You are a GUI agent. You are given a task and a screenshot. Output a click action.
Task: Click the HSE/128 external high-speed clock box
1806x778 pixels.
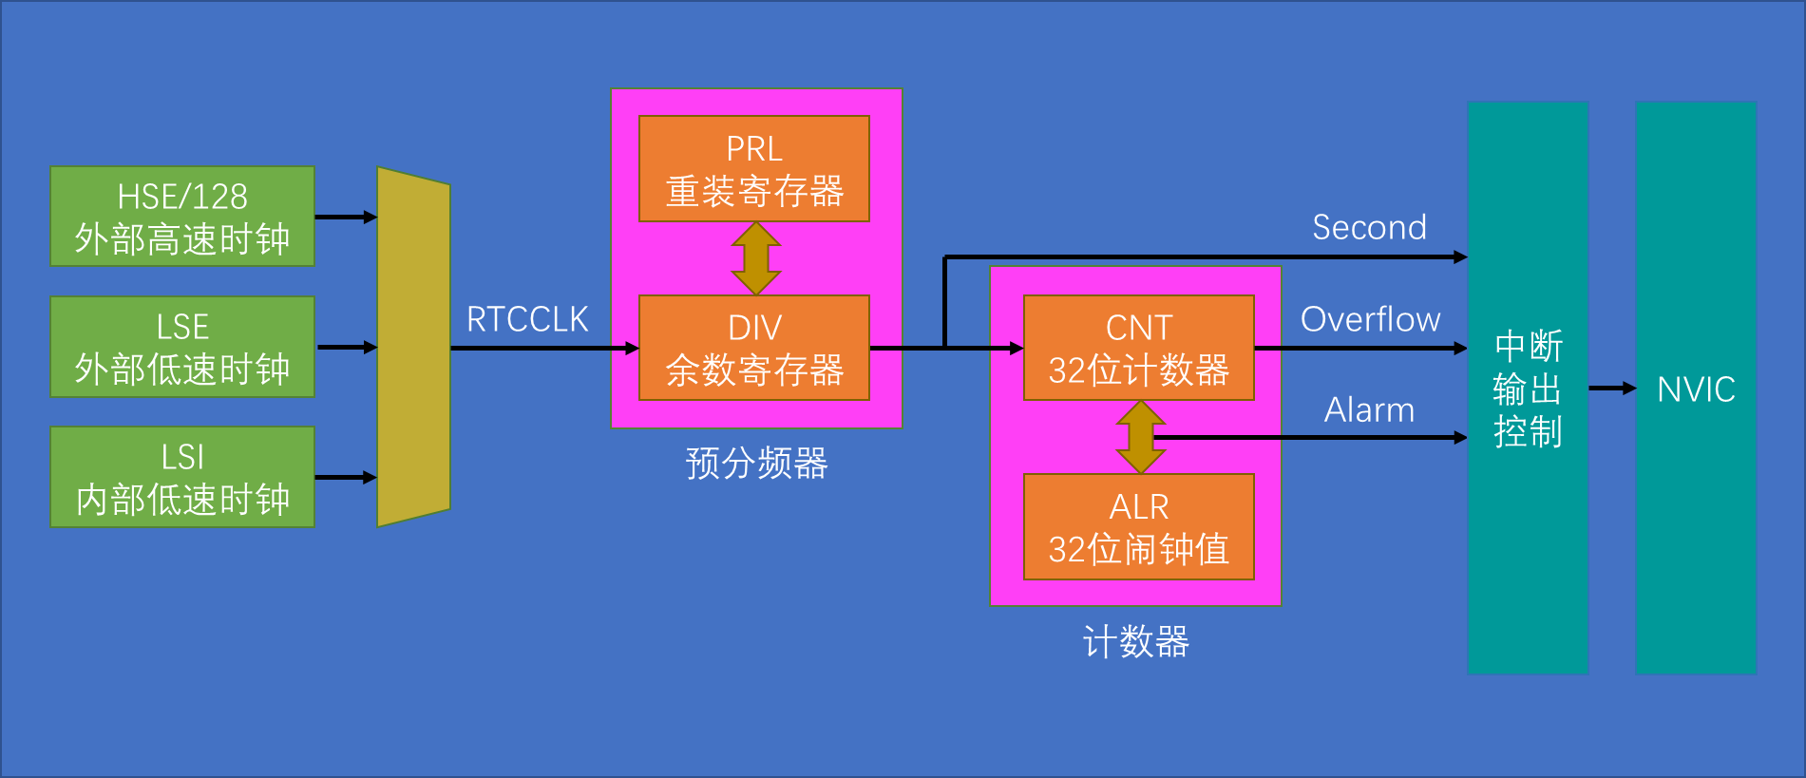coord(181,217)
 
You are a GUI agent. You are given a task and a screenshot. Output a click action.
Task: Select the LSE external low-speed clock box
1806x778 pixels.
coord(181,347)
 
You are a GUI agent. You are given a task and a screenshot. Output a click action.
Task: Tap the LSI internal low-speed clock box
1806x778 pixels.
coord(181,477)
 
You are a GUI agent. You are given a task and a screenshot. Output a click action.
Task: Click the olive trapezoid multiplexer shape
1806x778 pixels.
coord(413,347)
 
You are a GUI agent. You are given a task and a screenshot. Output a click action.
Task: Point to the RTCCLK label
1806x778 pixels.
coord(527,319)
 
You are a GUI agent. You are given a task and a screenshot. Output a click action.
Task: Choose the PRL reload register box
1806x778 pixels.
coord(753,169)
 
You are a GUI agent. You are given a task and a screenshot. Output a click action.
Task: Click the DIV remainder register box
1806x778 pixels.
coord(753,348)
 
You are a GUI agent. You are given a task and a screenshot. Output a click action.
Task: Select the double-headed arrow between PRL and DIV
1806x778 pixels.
coord(756,258)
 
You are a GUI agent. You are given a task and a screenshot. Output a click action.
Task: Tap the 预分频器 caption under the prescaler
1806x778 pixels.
coord(756,464)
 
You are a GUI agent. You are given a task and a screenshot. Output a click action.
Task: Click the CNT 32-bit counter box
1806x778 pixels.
coord(1138,348)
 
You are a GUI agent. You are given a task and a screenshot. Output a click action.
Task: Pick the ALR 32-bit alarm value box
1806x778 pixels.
coord(1138,527)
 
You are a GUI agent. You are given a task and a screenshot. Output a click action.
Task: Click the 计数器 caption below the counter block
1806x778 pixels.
coord(1135,642)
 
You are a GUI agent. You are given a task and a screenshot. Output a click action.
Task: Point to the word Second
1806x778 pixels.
coord(1369,228)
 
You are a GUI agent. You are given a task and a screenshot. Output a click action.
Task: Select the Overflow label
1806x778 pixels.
coord(1370,320)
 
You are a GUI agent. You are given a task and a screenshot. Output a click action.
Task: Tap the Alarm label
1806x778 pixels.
coord(1369,410)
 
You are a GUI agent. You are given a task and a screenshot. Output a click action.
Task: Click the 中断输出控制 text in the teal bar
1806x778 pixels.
coord(1527,389)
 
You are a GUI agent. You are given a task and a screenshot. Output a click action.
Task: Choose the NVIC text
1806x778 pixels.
coord(1696,389)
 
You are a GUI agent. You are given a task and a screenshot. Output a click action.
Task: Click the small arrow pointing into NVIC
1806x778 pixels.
coord(1612,388)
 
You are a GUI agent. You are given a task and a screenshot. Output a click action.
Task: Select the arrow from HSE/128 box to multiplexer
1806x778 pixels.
coord(346,218)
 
